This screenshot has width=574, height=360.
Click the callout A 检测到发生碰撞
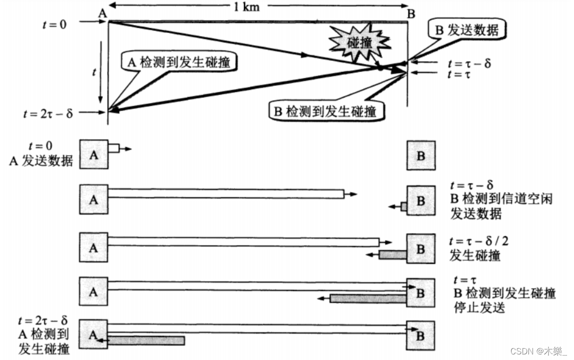[x=177, y=61]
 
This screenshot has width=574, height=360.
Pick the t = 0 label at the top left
[x=54, y=23]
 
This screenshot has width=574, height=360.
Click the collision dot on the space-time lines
[x=380, y=68]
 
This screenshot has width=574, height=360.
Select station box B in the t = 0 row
[x=421, y=155]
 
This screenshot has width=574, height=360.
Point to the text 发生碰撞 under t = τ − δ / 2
[x=475, y=255]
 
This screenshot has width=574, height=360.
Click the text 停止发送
[x=479, y=307]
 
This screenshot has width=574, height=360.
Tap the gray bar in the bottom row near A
[x=146, y=340]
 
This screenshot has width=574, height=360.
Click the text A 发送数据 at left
[x=41, y=161]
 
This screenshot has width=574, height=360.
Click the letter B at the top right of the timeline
[x=411, y=13]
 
